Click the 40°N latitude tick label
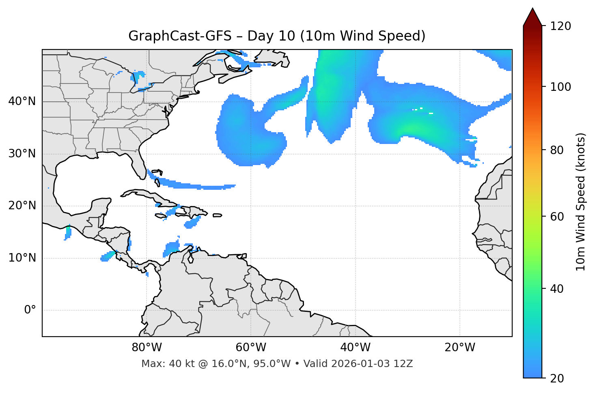22,101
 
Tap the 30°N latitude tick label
22,154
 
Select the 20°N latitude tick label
22,206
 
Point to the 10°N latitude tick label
22,258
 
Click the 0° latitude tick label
30,310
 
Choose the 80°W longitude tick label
147,348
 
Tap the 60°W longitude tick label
251,348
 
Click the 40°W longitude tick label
355,348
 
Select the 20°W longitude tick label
460,348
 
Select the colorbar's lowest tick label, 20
556,378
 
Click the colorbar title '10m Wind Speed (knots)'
581,202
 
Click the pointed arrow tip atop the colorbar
532,10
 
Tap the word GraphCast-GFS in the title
180,36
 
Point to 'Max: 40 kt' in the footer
162,364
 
